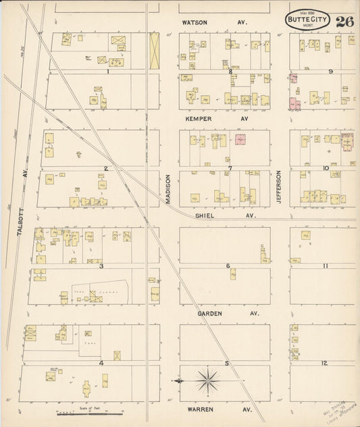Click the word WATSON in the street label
195,22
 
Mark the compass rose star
206,382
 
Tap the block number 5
228,363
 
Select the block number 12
325,363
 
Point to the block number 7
230,168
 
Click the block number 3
101,266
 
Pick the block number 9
331,71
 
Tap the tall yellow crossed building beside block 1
154,51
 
